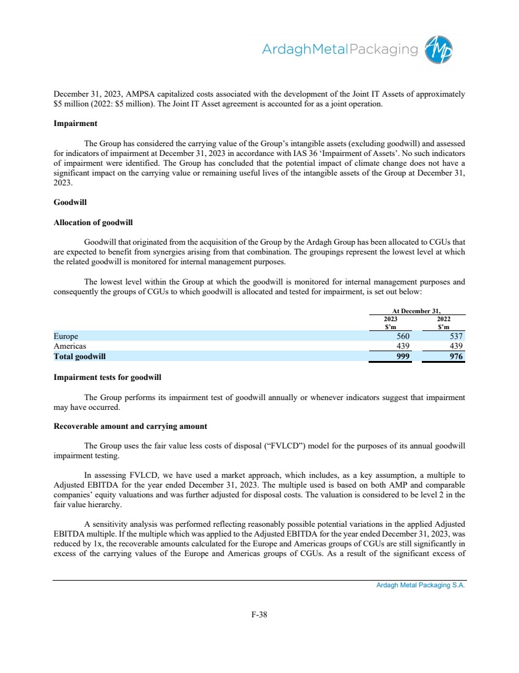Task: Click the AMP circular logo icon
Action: (440, 50)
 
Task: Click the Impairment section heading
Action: (76, 123)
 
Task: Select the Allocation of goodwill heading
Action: (94, 222)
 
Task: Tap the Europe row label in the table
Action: (66, 336)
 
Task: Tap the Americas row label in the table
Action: (70, 346)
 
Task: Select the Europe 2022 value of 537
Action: (455, 336)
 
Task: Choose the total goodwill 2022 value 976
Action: (455, 355)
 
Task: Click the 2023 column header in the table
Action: (390, 319)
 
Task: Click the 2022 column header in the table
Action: (444, 319)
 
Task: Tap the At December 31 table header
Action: (417, 311)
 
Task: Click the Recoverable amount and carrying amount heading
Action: (131, 426)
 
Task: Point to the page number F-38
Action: (259, 615)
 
